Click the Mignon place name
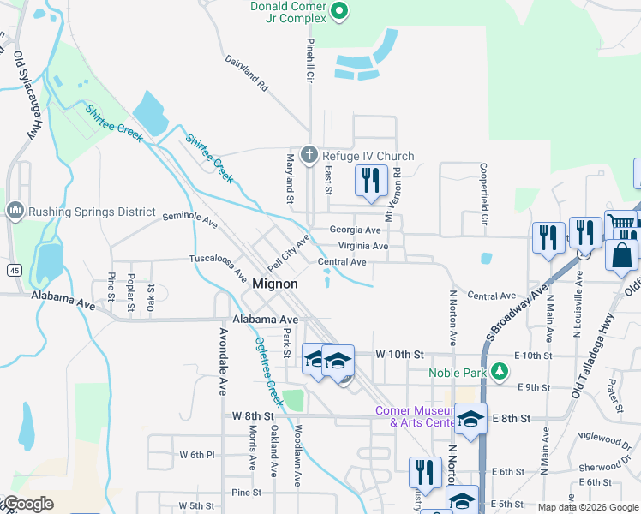[x=275, y=284]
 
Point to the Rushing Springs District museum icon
[x=15, y=210]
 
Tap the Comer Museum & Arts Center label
[x=415, y=416]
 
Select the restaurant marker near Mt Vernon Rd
[x=371, y=180]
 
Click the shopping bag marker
[x=621, y=254]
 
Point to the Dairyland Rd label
[x=248, y=75]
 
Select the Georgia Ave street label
[x=356, y=230]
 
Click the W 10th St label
[x=400, y=354]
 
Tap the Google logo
[x=28, y=504]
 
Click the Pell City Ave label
[x=287, y=253]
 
